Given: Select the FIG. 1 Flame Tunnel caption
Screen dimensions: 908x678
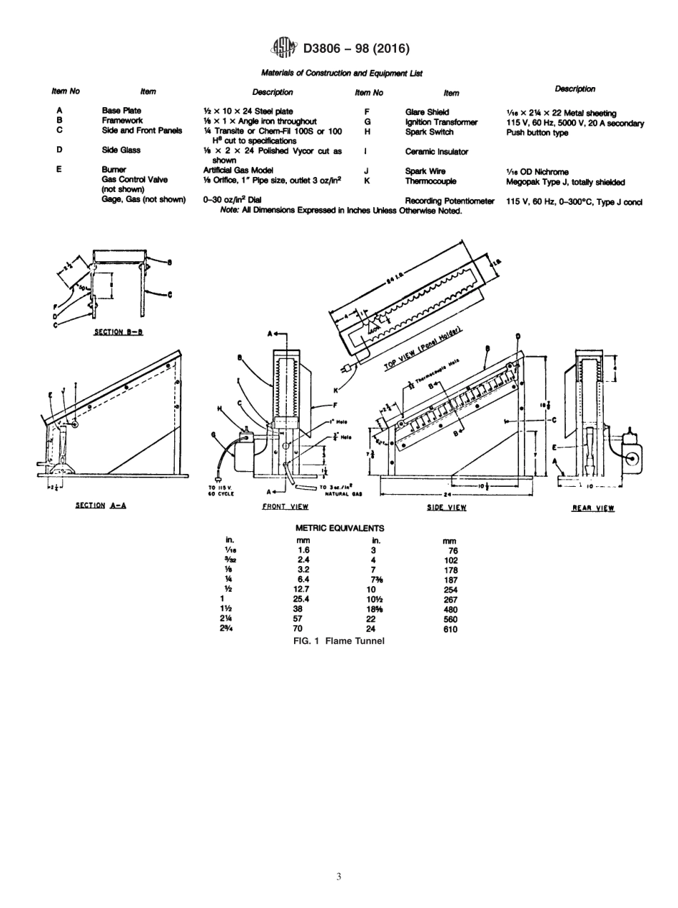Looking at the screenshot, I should click(x=339, y=641).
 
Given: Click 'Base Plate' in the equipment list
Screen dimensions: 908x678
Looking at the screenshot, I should click(x=122, y=111).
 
